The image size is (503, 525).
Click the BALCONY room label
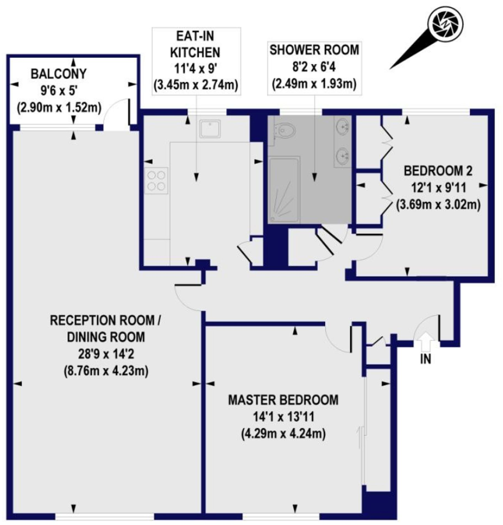[x=58, y=74]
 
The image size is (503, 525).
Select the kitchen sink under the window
[x=210, y=128]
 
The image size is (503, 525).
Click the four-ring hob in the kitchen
[x=156, y=181]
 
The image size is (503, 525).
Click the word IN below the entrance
[x=426, y=359]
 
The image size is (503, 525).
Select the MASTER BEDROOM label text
[x=283, y=400]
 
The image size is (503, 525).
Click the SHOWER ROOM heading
[x=314, y=50]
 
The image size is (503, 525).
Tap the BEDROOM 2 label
[x=438, y=171]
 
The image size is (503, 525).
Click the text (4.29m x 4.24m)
[x=283, y=434]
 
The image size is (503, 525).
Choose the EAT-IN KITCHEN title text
[x=195, y=44]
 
